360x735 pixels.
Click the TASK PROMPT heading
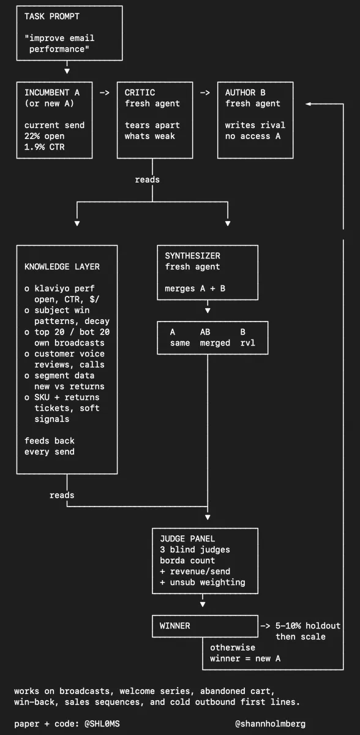[x=52, y=17]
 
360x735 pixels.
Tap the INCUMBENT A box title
[x=52, y=92]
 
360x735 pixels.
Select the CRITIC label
[x=140, y=92]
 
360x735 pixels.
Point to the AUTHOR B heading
[x=246, y=92]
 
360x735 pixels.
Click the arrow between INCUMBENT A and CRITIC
[x=105, y=93]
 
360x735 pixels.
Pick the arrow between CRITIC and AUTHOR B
[x=205, y=93]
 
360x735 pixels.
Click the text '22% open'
[x=44, y=136]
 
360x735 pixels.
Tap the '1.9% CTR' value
[x=44, y=147]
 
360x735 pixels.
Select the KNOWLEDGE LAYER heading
[x=62, y=267]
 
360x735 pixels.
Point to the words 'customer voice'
[x=70, y=354]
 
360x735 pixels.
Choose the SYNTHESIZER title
[x=192, y=256]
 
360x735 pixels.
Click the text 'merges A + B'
[x=195, y=288]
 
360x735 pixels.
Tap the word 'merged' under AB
[x=215, y=343]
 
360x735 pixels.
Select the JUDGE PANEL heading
[x=187, y=539]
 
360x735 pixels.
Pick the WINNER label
[x=174, y=626]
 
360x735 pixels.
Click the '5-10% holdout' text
[x=308, y=626]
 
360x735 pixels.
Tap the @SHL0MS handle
[x=102, y=724]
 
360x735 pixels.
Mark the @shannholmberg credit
[x=270, y=724]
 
